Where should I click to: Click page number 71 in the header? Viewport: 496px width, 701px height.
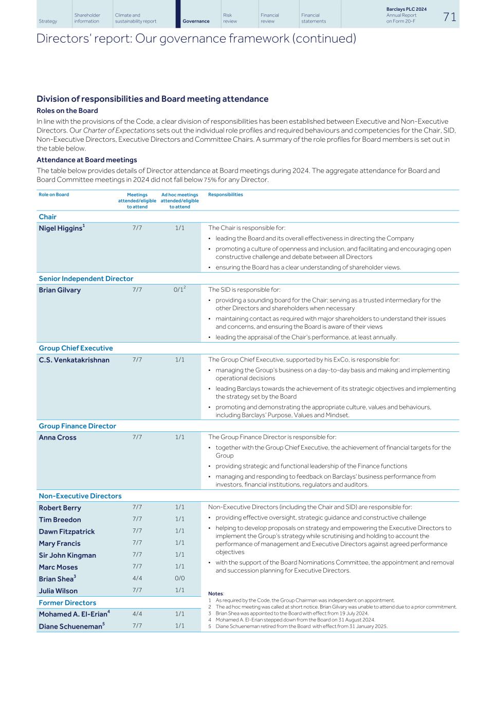[449, 17]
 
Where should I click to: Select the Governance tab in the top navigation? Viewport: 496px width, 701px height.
[196, 21]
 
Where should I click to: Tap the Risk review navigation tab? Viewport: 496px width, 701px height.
[230, 18]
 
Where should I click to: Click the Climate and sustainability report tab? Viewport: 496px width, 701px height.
[136, 18]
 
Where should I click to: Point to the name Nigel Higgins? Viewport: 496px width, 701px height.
[60, 229]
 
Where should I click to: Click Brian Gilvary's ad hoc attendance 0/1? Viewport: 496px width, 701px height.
[178, 290]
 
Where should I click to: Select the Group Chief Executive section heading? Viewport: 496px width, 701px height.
[76, 348]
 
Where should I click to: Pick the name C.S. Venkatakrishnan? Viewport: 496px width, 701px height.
[74, 360]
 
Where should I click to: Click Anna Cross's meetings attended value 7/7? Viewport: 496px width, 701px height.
[137, 437]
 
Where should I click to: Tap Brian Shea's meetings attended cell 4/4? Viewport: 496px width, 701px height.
[137, 578]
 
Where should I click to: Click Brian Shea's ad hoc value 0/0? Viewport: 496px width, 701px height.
[179, 578]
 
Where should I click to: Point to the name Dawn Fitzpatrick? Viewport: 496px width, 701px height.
[67, 532]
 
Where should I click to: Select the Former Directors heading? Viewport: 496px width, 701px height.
[67, 603]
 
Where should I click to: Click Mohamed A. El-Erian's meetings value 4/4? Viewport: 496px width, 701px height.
[137, 614]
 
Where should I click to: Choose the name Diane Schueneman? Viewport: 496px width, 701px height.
[70, 627]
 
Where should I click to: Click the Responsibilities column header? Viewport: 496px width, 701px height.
[225, 195]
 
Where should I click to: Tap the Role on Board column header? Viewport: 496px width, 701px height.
[53, 195]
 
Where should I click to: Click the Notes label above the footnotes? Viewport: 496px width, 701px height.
[215, 594]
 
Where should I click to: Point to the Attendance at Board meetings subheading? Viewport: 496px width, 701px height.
[86, 160]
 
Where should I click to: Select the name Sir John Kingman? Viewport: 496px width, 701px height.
[67, 555]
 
